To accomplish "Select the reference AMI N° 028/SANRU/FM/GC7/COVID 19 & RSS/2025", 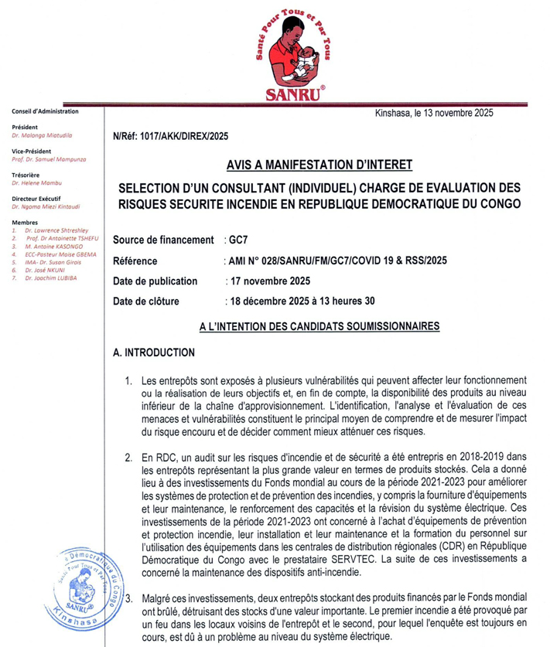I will (x=333, y=261).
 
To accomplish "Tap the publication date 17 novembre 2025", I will (x=268, y=281).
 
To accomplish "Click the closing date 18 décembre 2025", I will (x=271, y=301).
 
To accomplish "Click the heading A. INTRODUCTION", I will (x=153, y=352).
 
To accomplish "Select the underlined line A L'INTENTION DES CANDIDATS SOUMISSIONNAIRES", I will (x=319, y=327).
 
